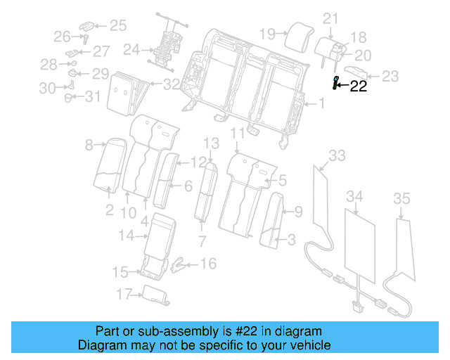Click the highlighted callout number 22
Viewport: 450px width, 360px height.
point(359,86)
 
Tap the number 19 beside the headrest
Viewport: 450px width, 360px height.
point(266,33)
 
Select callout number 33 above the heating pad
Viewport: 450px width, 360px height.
point(337,155)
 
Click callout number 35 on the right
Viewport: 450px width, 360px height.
point(401,199)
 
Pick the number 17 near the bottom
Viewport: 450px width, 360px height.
point(124,295)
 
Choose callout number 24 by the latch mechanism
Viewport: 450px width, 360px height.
point(131,50)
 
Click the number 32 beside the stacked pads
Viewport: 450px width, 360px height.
point(171,84)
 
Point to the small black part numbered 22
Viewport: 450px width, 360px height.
point(336,83)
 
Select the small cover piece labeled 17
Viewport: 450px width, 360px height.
point(155,295)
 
